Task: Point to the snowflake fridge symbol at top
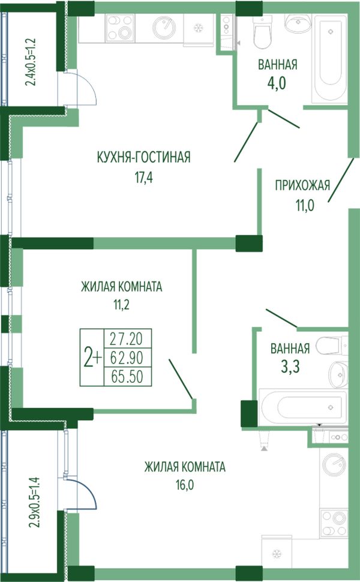[x=198, y=28]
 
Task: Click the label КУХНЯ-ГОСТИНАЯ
[x=143, y=157]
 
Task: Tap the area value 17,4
[x=143, y=178]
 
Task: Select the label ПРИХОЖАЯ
[x=302, y=185]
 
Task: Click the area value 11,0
[x=305, y=205]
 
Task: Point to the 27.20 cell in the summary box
[x=127, y=338]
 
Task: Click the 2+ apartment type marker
[x=92, y=357]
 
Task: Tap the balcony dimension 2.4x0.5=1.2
[x=31, y=62]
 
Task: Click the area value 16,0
[x=185, y=485]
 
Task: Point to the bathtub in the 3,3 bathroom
[x=304, y=407]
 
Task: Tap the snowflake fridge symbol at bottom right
[x=277, y=554]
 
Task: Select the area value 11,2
[x=122, y=305]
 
